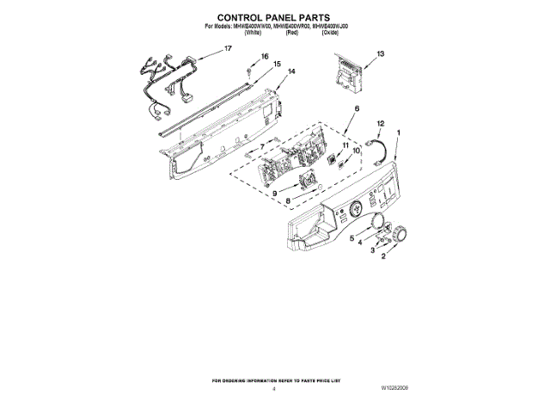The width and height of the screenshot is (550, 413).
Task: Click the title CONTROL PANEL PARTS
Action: click(275, 16)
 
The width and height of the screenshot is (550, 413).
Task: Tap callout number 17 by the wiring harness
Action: click(228, 49)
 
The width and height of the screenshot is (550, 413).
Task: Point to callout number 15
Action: click(278, 65)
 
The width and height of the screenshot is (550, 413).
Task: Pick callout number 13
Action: click(380, 53)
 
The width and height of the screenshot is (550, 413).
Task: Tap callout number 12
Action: click(381, 124)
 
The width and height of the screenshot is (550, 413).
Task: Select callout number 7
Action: click(262, 148)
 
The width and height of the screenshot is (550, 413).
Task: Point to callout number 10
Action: click(357, 151)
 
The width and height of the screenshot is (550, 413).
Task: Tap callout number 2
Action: click(384, 256)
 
